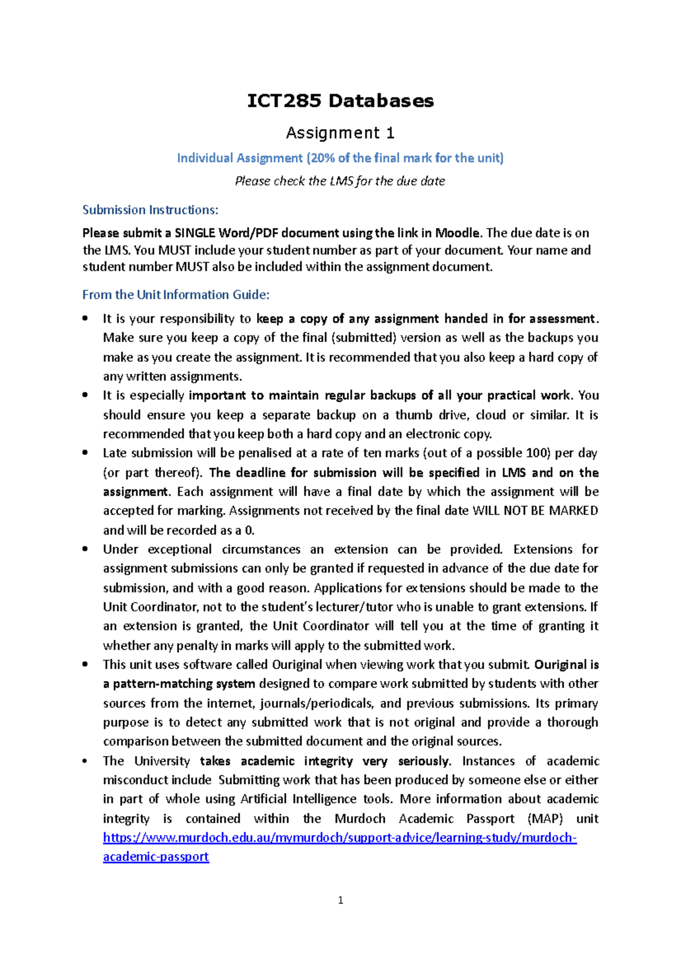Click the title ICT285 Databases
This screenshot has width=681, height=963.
pos(340,101)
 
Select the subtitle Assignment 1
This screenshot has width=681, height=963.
pos(340,133)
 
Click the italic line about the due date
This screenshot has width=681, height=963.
pos(340,181)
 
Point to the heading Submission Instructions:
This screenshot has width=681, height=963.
pos(150,210)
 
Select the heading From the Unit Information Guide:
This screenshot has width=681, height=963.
pos(176,294)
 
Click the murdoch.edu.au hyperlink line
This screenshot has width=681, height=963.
pos(339,838)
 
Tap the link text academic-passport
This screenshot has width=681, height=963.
pos(156,856)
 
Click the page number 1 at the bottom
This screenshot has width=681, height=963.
pos(340,900)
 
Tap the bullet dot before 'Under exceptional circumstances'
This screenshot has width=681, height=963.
pos(85,549)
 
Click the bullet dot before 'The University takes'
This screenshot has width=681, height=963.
pos(85,761)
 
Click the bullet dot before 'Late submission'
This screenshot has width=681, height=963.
pos(85,453)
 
